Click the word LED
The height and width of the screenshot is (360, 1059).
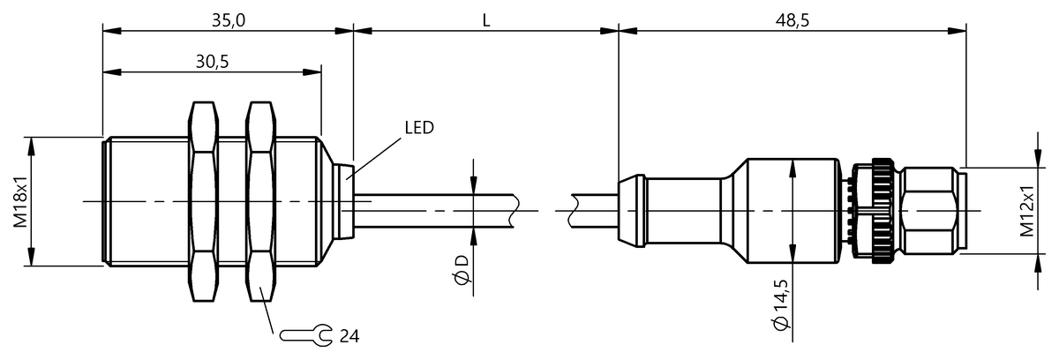click(x=419, y=128)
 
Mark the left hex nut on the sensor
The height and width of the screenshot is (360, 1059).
click(x=203, y=201)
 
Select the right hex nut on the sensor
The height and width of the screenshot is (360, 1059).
click(x=261, y=201)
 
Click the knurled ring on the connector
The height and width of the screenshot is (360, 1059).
click(x=882, y=211)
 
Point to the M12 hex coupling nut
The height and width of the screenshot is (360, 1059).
click(x=929, y=211)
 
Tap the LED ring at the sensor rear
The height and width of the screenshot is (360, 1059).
click(x=346, y=201)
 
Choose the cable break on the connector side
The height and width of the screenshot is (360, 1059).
click(x=573, y=211)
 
